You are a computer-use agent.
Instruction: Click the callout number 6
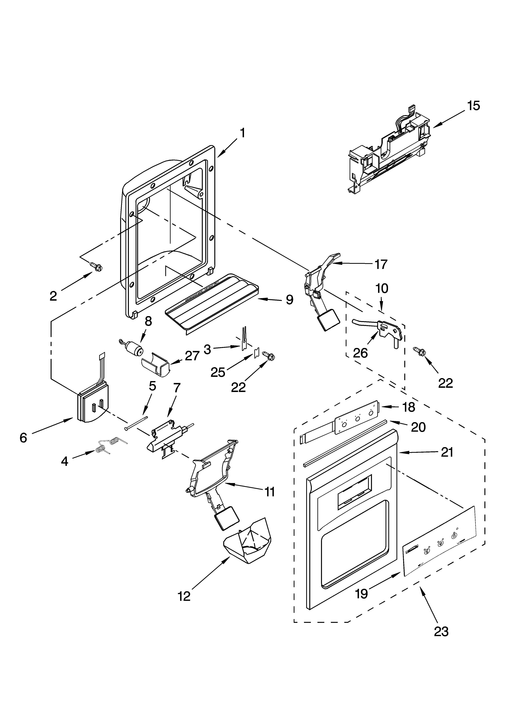tap(23, 438)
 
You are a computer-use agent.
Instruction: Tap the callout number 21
tap(447, 452)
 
